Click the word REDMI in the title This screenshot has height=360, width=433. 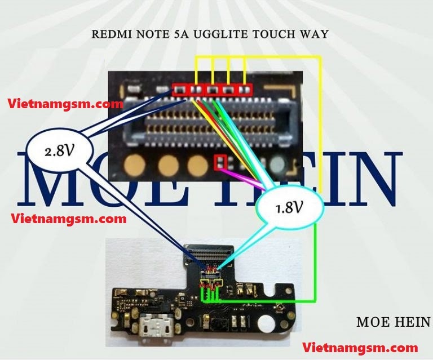point(108,34)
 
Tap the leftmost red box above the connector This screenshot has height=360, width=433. point(180,89)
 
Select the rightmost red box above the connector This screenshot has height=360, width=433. point(245,89)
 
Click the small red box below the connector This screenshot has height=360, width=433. point(220,162)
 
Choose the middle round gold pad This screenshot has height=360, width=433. point(168,165)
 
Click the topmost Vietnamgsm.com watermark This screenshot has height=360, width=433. point(65,104)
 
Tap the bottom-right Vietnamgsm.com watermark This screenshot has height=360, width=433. point(360,347)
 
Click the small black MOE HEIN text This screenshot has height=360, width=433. point(392,322)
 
